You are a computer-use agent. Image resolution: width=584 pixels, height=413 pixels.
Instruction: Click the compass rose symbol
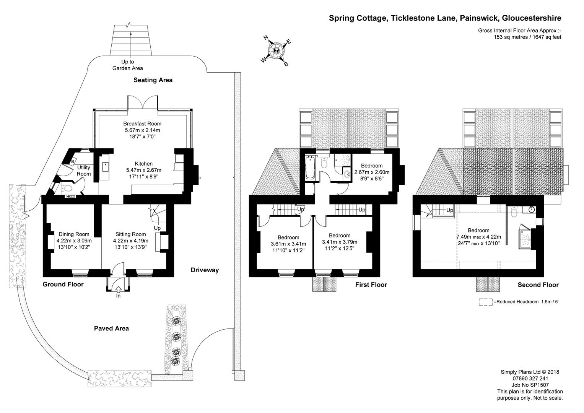276,50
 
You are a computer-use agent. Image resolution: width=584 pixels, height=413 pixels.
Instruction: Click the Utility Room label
84,171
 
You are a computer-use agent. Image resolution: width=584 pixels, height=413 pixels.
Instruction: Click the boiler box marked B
73,162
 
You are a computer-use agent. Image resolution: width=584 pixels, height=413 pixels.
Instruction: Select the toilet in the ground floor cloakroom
68,188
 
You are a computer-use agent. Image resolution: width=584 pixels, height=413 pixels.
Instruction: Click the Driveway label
205,270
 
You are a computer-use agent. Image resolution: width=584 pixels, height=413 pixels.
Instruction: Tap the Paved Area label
111,328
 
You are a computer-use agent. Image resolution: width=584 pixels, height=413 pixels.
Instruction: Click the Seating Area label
153,80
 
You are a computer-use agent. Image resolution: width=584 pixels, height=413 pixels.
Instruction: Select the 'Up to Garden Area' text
127,65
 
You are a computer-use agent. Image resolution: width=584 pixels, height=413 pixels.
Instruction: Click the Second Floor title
538,285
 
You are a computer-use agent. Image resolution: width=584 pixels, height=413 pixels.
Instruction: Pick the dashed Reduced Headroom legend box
485,302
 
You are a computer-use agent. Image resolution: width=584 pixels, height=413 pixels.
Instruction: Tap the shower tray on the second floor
525,239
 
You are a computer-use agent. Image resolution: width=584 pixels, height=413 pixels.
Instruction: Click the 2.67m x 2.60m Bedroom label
372,172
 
